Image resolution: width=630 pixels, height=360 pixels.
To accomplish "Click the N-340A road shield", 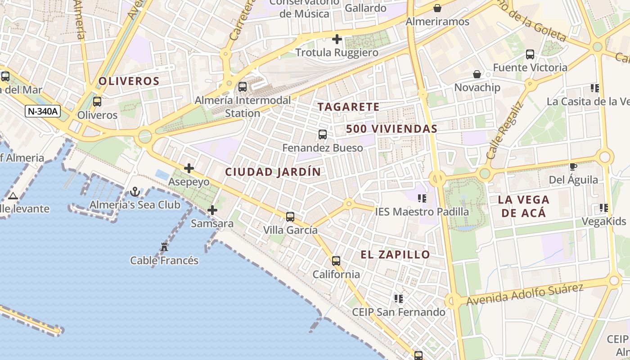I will pos(43,111).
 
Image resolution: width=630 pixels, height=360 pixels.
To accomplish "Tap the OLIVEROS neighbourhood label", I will pos(129,81).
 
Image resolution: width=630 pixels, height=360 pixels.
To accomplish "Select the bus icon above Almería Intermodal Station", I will pos(243,86).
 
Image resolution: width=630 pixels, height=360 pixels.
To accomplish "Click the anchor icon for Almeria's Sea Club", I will pos(135,192).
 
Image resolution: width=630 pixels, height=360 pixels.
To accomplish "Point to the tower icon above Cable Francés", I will pos(164,247).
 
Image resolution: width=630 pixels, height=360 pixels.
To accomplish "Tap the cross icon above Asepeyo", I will pos(189,169).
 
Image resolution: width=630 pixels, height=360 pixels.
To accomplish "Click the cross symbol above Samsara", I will pos(212,210).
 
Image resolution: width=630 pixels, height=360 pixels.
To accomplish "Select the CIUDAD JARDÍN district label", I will pos(273,172).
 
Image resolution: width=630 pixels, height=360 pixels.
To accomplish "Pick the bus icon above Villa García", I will pos(290,217).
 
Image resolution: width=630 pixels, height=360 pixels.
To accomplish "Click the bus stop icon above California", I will pos(336,261).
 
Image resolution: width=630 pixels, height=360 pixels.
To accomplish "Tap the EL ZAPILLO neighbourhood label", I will pos(395,255).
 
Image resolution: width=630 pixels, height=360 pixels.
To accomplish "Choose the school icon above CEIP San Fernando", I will pos(398,298).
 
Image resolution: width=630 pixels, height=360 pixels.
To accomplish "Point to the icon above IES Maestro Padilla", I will pos(422,198).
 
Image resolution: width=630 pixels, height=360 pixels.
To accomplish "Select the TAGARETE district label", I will pos(348,107).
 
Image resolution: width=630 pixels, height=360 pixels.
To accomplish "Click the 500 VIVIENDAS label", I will pos(391,129).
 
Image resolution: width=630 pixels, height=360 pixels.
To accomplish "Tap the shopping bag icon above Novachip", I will pos(477,74).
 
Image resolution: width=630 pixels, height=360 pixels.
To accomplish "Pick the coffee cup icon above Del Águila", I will pos(573,167).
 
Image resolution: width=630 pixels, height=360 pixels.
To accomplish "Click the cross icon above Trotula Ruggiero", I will pos(337,39).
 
